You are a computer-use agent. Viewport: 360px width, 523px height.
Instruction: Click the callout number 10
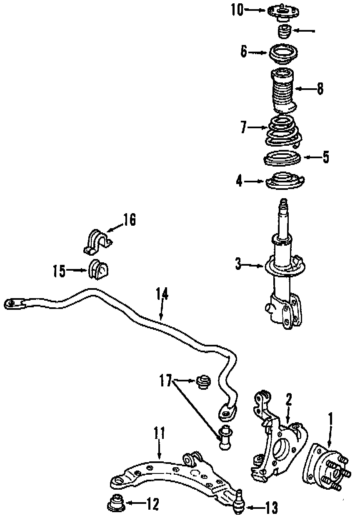coord(237,10)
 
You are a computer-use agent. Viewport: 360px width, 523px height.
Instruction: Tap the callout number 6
coord(244,52)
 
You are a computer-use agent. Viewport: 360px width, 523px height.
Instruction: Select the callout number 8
coord(320,89)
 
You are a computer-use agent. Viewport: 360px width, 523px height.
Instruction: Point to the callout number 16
coord(129,220)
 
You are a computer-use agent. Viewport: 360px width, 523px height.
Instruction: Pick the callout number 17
coord(165,380)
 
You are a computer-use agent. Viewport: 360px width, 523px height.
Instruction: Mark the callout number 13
coord(271,508)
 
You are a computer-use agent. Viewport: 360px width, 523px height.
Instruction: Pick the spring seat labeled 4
coord(283,182)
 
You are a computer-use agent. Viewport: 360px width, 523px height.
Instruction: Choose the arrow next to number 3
coord(252,264)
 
